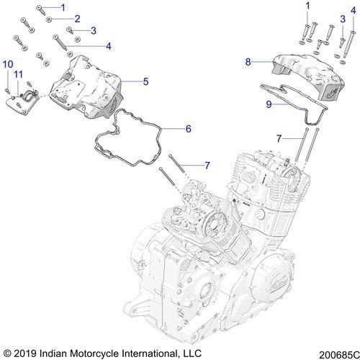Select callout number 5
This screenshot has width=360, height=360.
(x=145, y=82)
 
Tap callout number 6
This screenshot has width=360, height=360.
(x=188, y=129)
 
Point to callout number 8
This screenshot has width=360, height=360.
(x=248, y=63)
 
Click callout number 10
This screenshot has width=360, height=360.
(x=7, y=65)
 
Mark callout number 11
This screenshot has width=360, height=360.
(x=19, y=74)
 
